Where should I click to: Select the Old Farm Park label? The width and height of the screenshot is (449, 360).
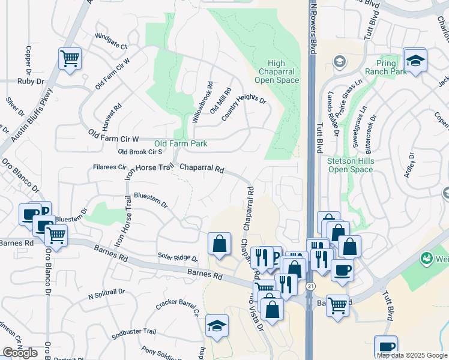(x=181, y=143)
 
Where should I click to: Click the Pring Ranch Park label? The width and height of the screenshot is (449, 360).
(x=387, y=67)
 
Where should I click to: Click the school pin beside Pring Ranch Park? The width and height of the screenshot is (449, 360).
(x=414, y=60)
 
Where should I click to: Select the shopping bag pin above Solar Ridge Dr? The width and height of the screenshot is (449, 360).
(x=219, y=244)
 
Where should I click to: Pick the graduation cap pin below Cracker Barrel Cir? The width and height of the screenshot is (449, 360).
(x=217, y=326)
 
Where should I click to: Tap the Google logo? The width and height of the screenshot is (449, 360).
(x=20, y=353)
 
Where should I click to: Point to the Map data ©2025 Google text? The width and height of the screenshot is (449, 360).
(x=412, y=355)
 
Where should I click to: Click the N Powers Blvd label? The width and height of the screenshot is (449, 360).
(x=313, y=27)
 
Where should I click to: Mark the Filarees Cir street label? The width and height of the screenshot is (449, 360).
(x=109, y=167)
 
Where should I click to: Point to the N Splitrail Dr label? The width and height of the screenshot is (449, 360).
(x=106, y=294)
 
